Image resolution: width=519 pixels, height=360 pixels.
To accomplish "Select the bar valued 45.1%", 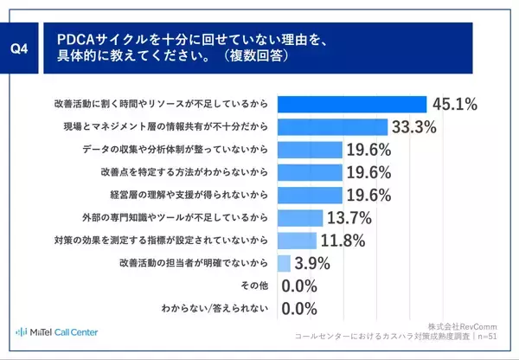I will (x=351, y=104).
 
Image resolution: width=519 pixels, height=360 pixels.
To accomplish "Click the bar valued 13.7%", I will (x=299, y=216).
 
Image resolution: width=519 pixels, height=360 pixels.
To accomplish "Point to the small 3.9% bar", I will (x=284, y=261).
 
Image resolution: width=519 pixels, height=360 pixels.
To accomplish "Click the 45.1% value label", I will (x=454, y=104).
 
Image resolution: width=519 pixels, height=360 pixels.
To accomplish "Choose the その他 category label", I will (x=252, y=284).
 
